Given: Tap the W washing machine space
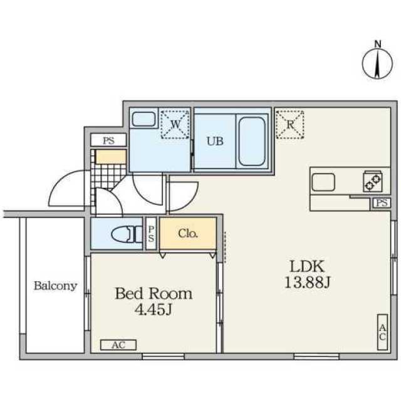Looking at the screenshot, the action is (x=175, y=125).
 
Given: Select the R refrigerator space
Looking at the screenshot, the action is (x=289, y=125).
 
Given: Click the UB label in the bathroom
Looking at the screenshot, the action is (x=215, y=141).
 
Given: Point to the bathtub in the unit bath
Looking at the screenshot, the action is (x=252, y=142).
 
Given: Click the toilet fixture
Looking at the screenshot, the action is (x=127, y=234).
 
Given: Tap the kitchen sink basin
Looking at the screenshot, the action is (x=323, y=182).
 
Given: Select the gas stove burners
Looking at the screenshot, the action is (x=373, y=181).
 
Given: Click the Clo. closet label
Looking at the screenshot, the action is (x=188, y=234).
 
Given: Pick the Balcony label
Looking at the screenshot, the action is (x=56, y=286).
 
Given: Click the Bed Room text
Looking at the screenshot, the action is (x=154, y=294).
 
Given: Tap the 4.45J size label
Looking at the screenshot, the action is (x=153, y=310).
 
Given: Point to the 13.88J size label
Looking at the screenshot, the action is (x=308, y=283).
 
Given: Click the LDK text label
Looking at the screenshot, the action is (x=308, y=266).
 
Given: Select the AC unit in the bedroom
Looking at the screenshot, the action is (x=118, y=345).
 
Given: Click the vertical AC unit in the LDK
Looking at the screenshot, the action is (x=383, y=332).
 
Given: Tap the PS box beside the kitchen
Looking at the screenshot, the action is (x=382, y=203).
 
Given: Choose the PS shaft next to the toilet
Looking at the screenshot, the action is (x=151, y=234).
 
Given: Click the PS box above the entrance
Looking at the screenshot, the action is (x=108, y=140).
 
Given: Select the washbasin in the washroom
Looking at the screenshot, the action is (x=143, y=119).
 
